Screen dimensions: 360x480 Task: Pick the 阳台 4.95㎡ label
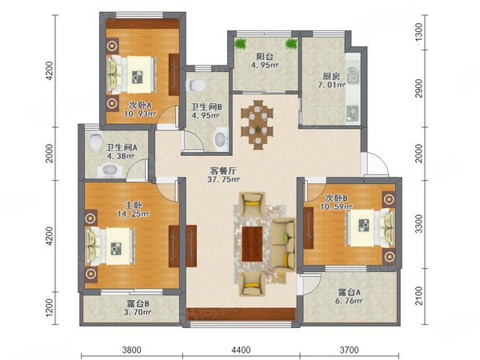(x=264, y=62)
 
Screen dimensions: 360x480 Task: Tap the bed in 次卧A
(x=132, y=74)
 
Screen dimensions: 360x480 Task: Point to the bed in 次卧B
(x=363, y=227)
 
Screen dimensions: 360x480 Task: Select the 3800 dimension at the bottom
(x=132, y=349)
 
